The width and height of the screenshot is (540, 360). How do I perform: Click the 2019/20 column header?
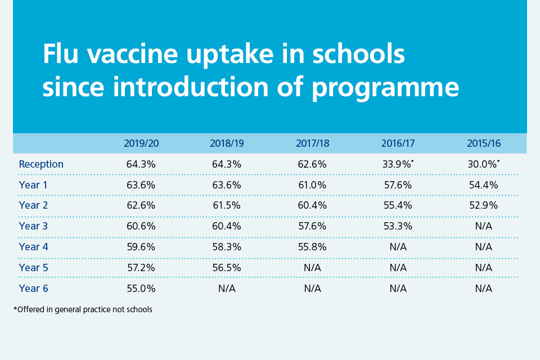141,143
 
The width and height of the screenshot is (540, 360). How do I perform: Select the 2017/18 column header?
312,143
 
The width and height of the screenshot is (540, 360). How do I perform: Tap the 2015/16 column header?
483,143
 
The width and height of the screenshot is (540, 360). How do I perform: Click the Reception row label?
41,164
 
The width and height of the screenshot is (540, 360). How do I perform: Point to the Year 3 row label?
33,226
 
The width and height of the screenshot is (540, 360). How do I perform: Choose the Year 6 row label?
33,288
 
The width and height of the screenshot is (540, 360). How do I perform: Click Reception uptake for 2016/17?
397,164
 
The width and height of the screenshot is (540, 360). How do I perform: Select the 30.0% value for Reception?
482,164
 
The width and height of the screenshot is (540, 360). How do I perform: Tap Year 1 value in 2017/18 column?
312,184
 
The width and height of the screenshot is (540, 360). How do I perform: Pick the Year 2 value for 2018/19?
227,205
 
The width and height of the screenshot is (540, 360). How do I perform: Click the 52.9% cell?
483,205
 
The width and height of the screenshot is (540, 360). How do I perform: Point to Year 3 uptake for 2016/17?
398,226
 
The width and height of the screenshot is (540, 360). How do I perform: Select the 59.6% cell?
141,247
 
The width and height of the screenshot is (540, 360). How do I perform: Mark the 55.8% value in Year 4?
312,247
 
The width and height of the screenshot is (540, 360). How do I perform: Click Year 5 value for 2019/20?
141,268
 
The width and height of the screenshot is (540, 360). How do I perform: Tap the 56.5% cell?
227,268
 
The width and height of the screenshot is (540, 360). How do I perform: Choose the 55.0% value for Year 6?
141,288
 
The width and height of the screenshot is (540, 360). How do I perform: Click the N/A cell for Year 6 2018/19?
227,288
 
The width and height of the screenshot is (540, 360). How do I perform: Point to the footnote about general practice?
83,309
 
